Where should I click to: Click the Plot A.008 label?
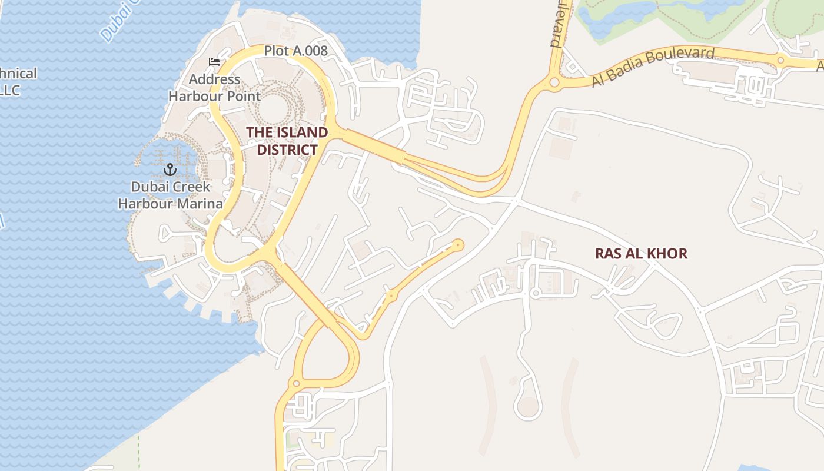click(295, 51)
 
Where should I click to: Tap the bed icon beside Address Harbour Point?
click(214, 62)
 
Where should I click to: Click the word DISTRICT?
click(287, 150)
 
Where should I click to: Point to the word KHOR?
click(666, 254)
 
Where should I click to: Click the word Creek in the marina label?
click(188, 187)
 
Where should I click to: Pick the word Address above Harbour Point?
click(214, 79)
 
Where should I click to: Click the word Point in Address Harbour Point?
click(242, 95)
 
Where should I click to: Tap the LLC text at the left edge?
click(10, 90)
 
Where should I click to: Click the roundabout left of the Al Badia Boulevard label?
click(554, 83)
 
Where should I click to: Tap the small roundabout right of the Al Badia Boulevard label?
click(781, 60)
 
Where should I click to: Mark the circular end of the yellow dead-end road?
click(458, 244)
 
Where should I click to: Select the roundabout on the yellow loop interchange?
click(296, 383)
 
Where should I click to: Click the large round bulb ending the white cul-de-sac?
click(528, 407)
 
